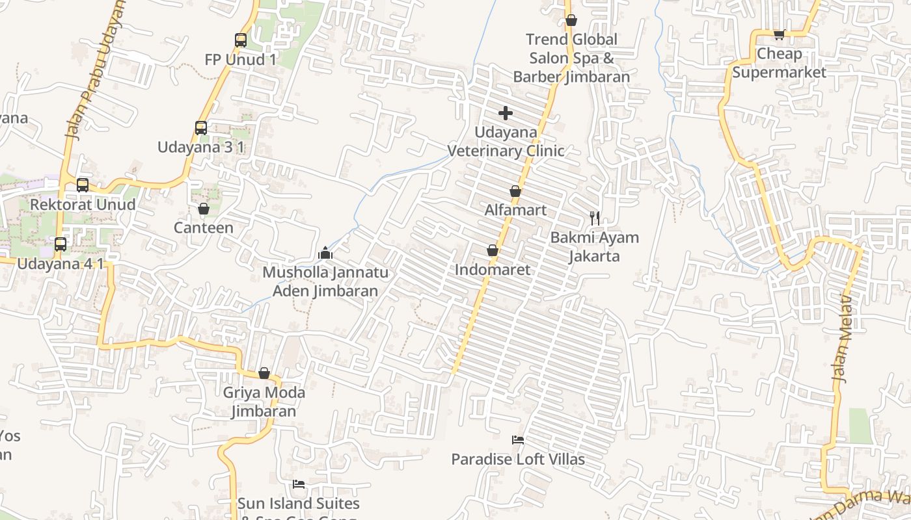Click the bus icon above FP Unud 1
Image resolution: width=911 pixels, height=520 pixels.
(241, 40)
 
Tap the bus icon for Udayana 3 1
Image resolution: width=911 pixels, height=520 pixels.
(201, 128)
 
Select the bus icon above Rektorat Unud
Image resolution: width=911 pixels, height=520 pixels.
(83, 185)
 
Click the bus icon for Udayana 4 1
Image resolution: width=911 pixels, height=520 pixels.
(61, 244)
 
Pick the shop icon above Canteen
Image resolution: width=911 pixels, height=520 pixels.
(204, 209)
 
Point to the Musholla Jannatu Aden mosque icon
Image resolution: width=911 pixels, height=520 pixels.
(325, 253)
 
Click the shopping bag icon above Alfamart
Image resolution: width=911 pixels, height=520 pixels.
(515, 191)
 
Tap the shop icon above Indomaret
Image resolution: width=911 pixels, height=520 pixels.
(493, 250)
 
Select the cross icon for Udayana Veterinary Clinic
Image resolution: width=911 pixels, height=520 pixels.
(506, 113)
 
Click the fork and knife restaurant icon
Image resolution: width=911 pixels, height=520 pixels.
(595, 218)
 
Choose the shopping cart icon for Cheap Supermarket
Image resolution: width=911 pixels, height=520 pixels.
(779, 34)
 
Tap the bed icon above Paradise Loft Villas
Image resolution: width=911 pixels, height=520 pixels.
(518, 440)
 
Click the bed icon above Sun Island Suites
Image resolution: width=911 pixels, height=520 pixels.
(299, 484)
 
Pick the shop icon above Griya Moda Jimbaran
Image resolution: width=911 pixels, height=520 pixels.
(264, 373)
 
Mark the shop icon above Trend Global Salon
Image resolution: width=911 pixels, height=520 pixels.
(571, 20)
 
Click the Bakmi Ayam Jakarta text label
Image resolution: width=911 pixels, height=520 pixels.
(595, 246)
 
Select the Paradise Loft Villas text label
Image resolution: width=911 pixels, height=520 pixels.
(518, 460)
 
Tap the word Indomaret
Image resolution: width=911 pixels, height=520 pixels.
(493, 269)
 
